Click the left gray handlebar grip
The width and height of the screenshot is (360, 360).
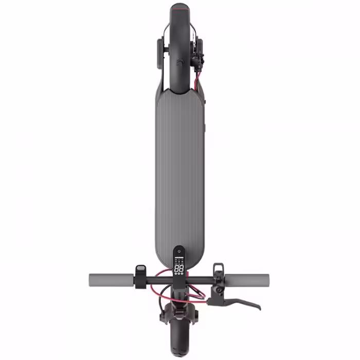tap(111, 280)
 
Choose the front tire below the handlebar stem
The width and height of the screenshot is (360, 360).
tap(179, 339)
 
